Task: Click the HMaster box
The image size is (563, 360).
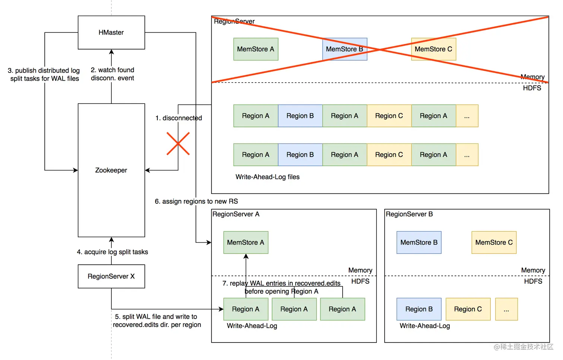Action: pyautogui.click(x=111, y=32)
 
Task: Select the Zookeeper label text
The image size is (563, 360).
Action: pyautogui.click(x=111, y=170)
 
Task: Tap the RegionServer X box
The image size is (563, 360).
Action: pyautogui.click(x=111, y=276)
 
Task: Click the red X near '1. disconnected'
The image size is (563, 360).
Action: pyautogui.click(x=178, y=144)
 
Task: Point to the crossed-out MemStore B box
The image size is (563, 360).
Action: pyautogui.click(x=344, y=49)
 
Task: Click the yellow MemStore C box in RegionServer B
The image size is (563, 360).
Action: pyautogui.click(x=494, y=242)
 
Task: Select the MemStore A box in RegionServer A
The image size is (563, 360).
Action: pyautogui.click(x=246, y=242)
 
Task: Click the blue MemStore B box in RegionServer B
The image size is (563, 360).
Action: pyautogui.click(x=419, y=242)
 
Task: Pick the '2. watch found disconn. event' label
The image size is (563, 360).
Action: pyautogui.click(x=112, y=74)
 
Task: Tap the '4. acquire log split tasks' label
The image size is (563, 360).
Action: pyautogui.click(x=112, y=252)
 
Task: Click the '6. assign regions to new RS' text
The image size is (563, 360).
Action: pyautogui.click(x=196, y=201)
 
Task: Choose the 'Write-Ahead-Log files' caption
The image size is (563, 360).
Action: pyautogui.click(x=267, y=177)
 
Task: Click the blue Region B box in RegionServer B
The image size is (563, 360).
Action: pyautogui.click(x=419, y=309)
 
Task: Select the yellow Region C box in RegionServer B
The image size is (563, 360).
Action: pyautogui.click(x=468, y=309)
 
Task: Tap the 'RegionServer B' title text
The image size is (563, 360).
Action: pyautogui.click(x=409, y=214)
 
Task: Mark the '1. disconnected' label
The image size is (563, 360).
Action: pyautogui.click(x=179, y=118)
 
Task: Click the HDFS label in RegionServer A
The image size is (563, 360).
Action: pyautogui.click(x=360, y=281)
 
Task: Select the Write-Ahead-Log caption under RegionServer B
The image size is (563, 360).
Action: pyautogui.click(x=424, y=326)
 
